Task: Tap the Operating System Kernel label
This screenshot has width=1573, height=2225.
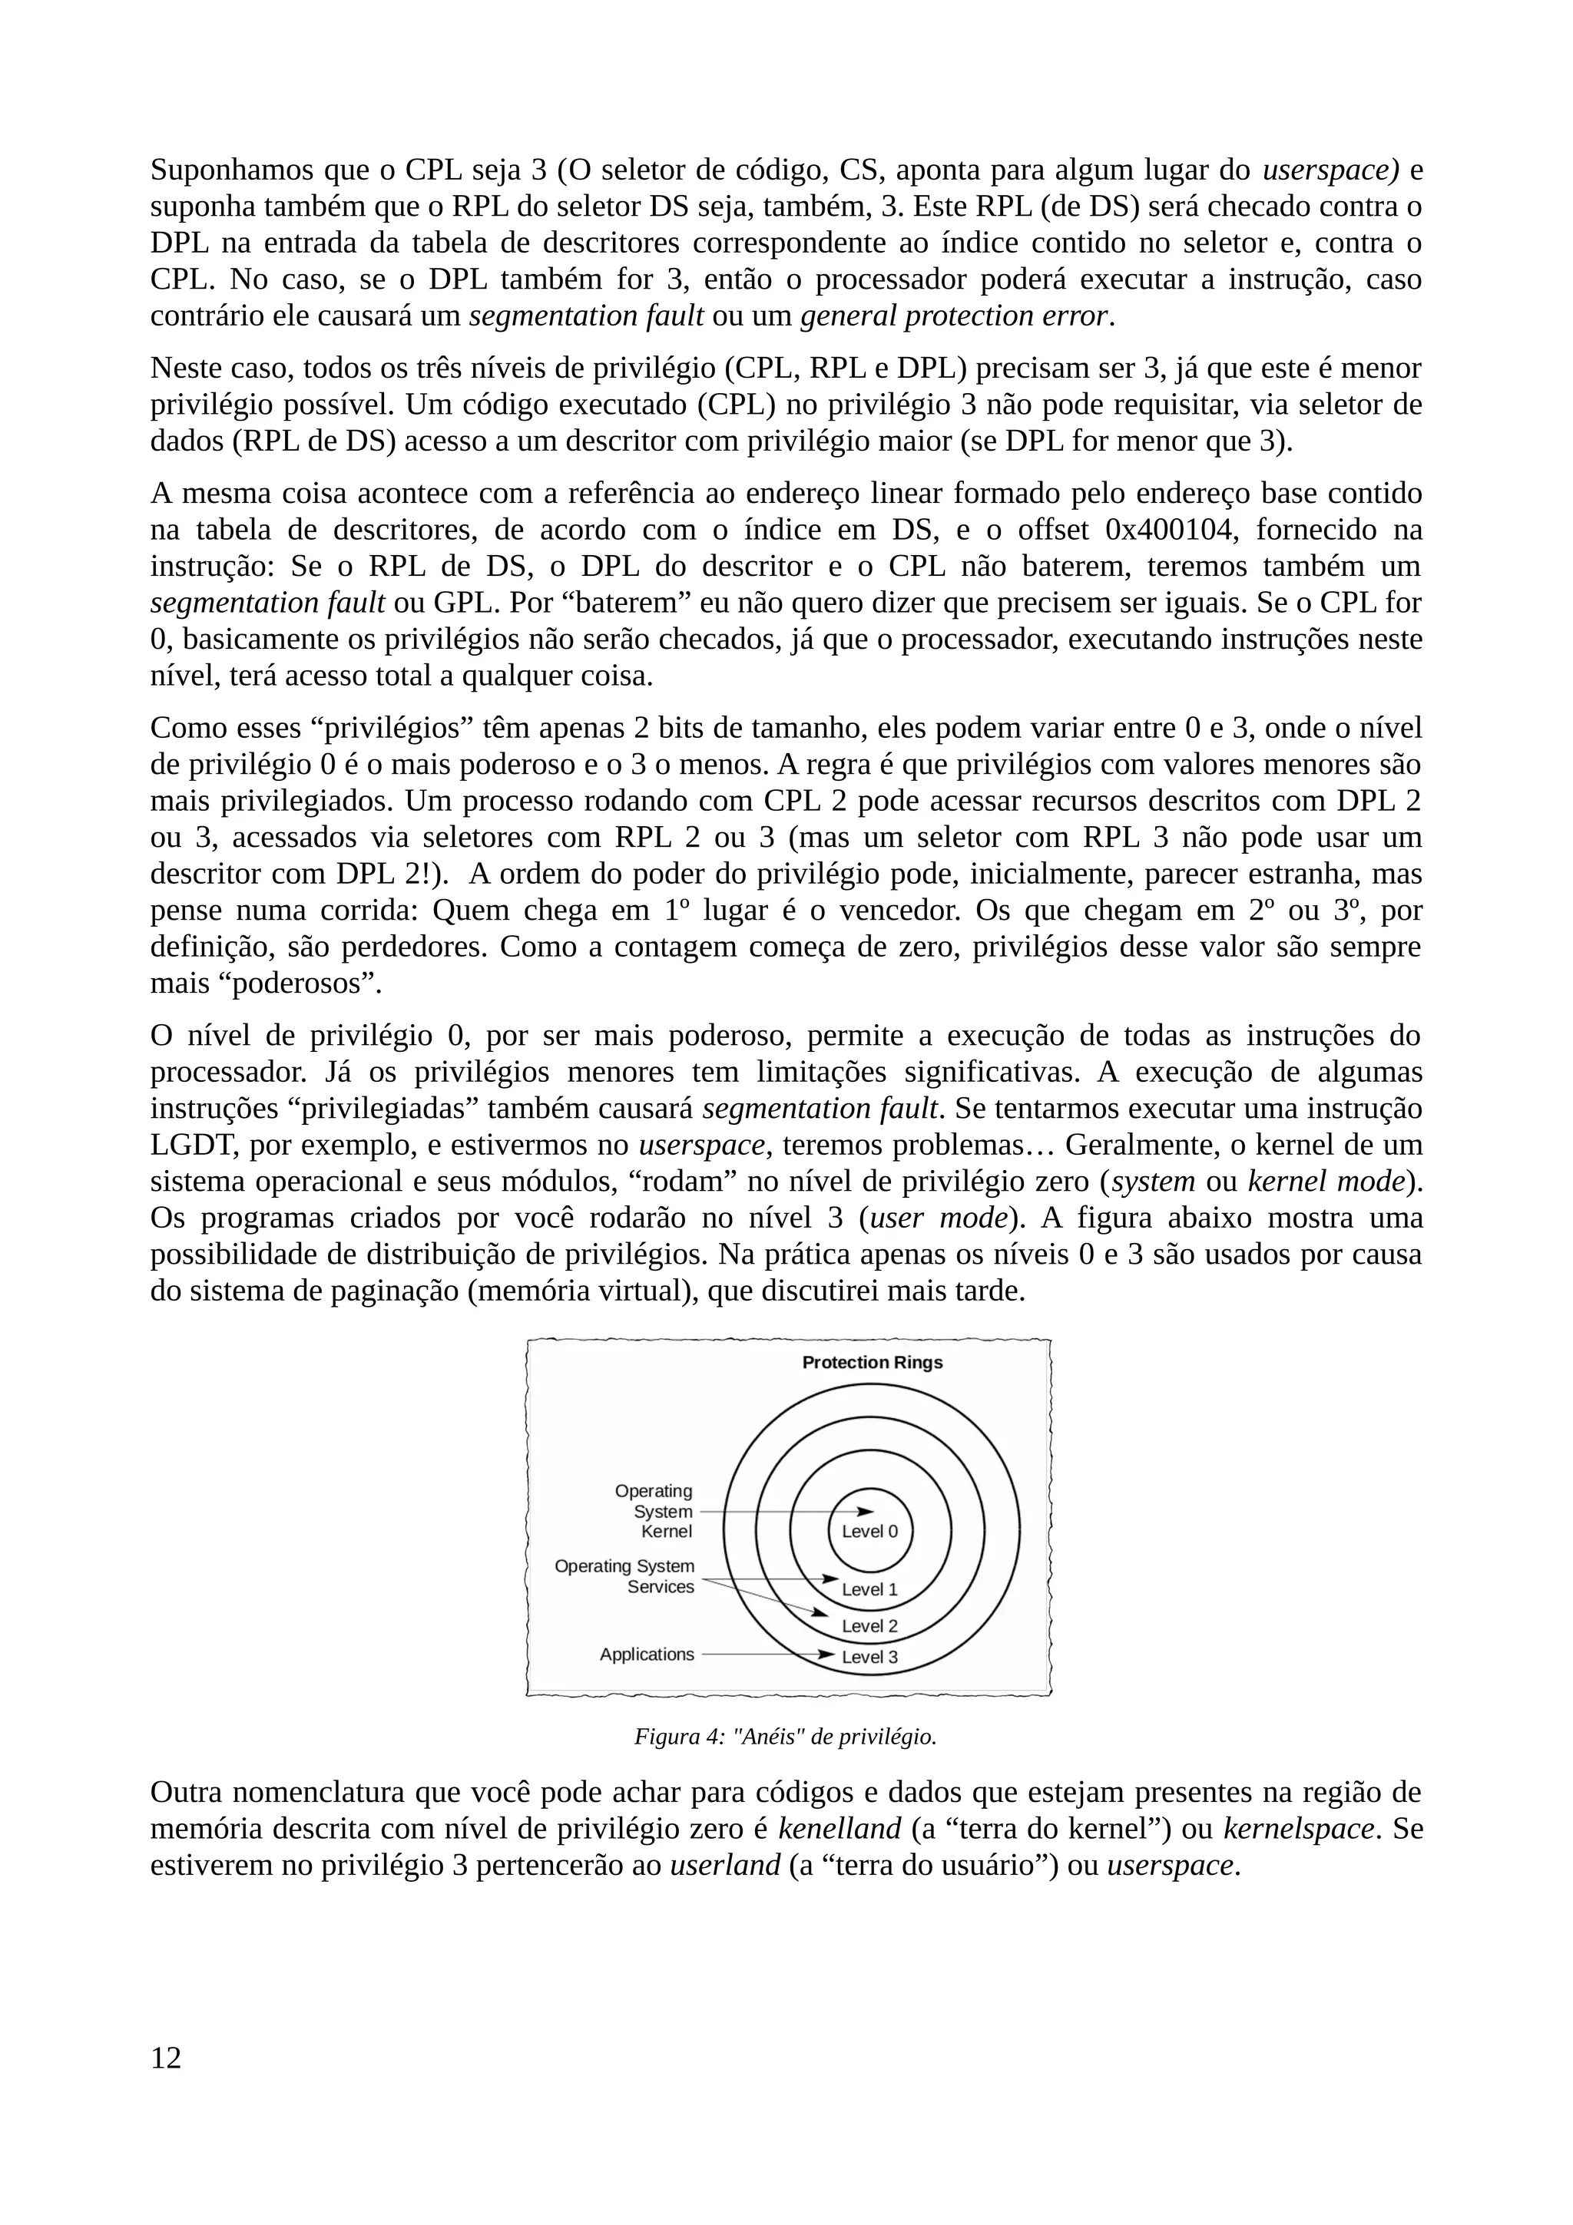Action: [x=655, y=1511]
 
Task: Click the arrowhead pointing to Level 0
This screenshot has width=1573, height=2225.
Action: [x=866, y=1511]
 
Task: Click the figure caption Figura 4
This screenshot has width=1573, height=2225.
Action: [x=785, y=1737]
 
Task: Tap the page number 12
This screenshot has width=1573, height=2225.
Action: [x=166, y=2058]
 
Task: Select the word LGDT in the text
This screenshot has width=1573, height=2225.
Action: [x=194, y=1146]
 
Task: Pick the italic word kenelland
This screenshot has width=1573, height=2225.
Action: [x=839, y=1829]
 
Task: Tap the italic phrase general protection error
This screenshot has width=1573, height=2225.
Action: [x=954, y=316]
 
